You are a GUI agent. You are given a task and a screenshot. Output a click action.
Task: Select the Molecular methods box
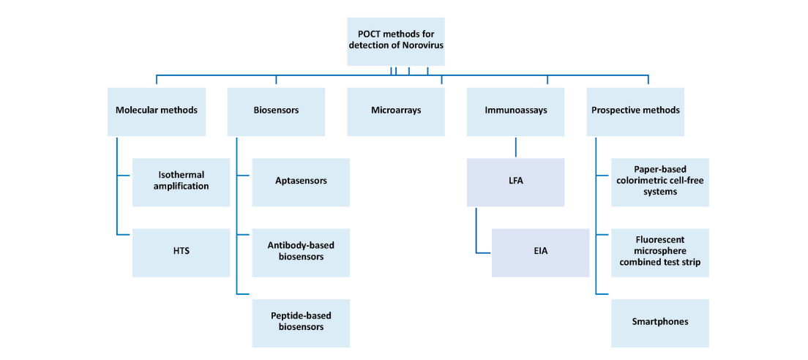(156, 111)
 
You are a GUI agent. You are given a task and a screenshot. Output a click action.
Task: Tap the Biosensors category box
(276, 111)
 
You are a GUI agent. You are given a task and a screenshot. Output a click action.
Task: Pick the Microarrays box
(396, 111)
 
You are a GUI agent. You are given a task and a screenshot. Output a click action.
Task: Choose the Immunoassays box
(515, 111)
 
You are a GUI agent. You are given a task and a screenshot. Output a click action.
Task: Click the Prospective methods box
(635, 111)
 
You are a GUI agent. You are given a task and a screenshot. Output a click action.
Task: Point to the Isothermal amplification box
(181, 181)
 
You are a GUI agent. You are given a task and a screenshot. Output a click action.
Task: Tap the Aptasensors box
(301, 181)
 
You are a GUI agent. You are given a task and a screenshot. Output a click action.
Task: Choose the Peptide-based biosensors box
(301, 323)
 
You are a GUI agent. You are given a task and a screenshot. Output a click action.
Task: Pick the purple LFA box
(515, 181)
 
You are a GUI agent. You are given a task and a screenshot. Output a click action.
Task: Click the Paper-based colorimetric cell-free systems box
(660, 181)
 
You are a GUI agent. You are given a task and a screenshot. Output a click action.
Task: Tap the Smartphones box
(660, 323)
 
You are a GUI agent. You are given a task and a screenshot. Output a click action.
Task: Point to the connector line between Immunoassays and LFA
(515, 146)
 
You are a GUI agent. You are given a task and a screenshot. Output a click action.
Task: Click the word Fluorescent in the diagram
(660, 239)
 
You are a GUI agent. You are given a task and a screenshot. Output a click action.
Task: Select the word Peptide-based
(301, 316)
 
